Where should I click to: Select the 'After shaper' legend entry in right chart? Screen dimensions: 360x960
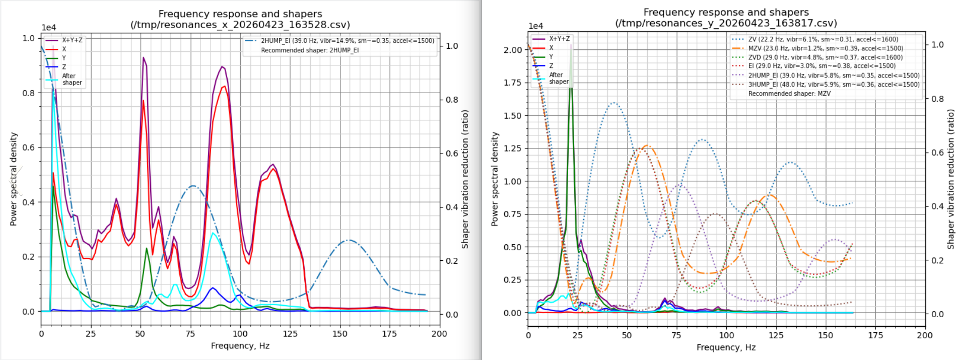pyautogui.click(x=559, y=78)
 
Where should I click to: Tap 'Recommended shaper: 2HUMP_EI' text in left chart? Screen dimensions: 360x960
pyautogui.click(x=309, y=50)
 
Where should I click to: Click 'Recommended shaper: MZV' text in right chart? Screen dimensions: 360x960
pyautogui.click(x=789, y=94)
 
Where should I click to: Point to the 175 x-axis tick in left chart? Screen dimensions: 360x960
pyautogui.click(x=389, y=333)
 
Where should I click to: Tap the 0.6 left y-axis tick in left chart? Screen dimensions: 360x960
pyautogui.click(x=28, y=148)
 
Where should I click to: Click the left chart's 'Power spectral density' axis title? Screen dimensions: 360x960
pyautogui.click(x=14, y=179)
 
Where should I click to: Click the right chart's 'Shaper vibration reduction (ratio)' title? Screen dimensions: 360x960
pyautogui.click(x=950, y=179)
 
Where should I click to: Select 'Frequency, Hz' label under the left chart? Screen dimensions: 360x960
pyautogui.click(x=240, y=345)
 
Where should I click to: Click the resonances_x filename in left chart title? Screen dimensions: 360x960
pyautogui.click(x=240, y=25)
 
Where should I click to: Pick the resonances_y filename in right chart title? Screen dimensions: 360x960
pyautogui.click(x=726, y=23)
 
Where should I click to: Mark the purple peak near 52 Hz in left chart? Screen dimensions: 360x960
pyautogui.click(x=144, y=57)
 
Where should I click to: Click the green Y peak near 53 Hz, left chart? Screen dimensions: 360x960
pyautogui.click(x=147, y=248)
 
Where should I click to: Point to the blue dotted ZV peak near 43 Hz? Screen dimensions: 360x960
pyautogui.click(x=613, y=103)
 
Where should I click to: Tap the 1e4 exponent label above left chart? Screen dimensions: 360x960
pyautogui.click(x=49, y=28)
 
